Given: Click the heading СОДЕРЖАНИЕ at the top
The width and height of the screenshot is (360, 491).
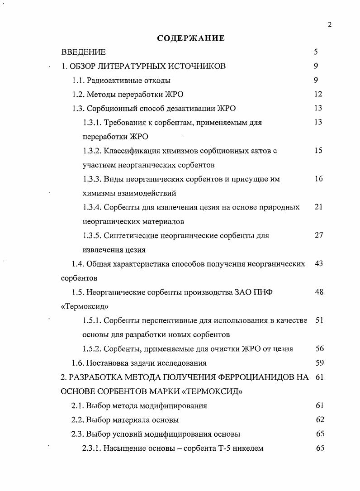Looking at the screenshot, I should [x=190, y=38].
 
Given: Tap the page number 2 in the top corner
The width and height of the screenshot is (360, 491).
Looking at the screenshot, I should [x=330, y=24].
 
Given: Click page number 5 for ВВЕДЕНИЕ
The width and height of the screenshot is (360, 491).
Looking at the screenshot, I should [x=316, y=52].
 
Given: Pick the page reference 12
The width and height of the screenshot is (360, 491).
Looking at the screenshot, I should [x=318, y=94].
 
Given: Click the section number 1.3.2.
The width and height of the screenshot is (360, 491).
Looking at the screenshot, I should [x=93, y=151].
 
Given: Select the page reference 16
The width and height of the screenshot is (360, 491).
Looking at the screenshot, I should [x=318, y=179].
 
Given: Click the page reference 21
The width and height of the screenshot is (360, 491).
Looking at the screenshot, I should [x=318, y=207].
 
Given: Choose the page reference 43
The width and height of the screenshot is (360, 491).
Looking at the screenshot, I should [x=318, y=263].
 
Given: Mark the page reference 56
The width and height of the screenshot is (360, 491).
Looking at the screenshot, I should [x=320, y=348].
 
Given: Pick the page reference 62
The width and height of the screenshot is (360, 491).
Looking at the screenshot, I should [x=320, y=419].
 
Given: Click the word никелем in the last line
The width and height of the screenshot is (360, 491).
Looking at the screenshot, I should [x=248, y=448].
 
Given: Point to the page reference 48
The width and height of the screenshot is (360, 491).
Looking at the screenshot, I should [x=319, y=292].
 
